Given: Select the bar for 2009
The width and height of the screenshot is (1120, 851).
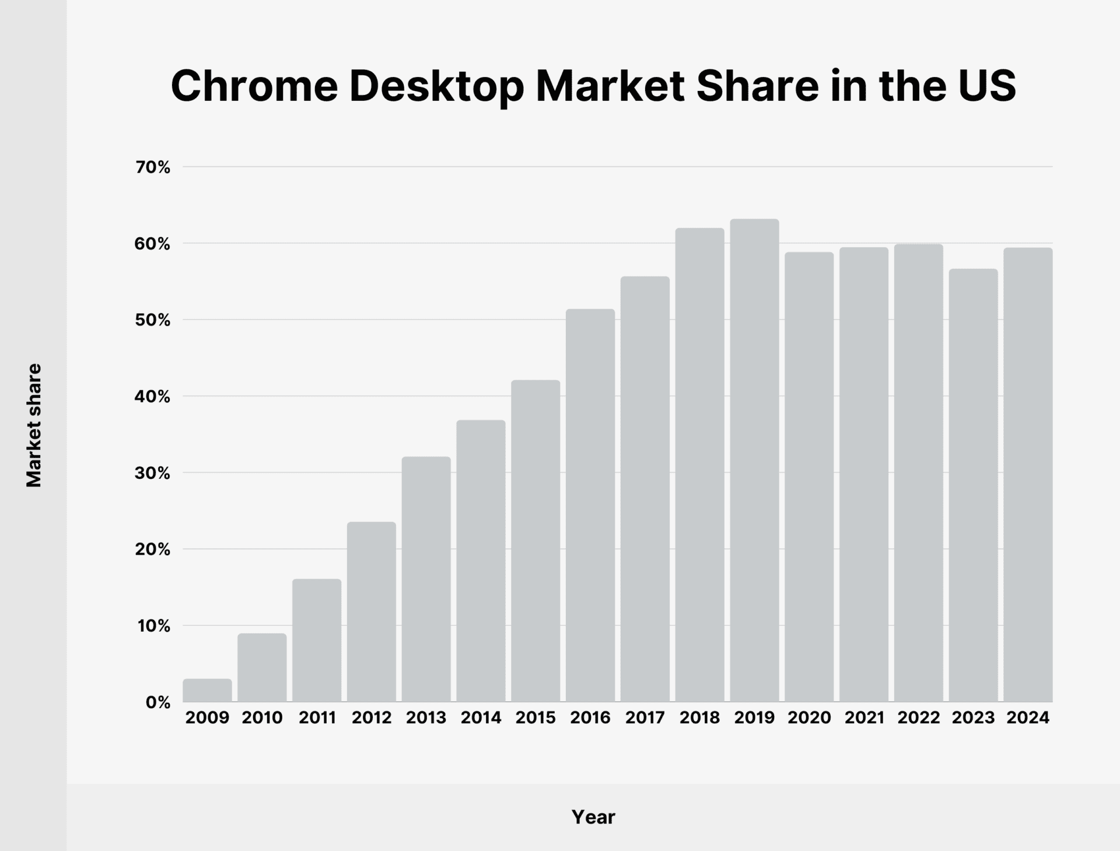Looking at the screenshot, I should pyautogui.click(x=207, y=691).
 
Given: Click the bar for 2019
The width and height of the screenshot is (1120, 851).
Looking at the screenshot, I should pyautogui.click(x=754, y=461).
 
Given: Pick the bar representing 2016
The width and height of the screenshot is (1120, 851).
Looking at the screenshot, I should pyautogui.click(x=590, y=505).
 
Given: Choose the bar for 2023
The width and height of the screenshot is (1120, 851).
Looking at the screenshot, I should pyautogui.click(x=973, y=485).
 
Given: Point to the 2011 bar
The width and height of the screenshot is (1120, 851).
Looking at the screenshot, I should pyautogui.click(x=317, y=640).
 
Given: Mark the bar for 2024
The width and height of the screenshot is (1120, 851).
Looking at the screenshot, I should pyautogui.click(x=1028, y=475).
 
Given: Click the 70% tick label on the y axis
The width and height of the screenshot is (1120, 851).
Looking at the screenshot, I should pyautogui.click(x=153, y=168).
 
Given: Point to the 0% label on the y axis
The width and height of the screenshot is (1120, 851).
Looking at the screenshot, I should pyautogui.click(x=158, y=703).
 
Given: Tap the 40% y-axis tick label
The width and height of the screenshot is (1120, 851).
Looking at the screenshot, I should pyautogui.click(x=152, y=397).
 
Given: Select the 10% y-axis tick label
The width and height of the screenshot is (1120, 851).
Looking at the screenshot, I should pyautogui.click(x=153, y=626).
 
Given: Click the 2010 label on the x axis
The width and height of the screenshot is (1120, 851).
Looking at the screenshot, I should pyautogui.click(x=262, y=718).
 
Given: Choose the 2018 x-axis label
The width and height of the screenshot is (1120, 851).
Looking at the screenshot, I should pyautogui.click(x=699, y=718).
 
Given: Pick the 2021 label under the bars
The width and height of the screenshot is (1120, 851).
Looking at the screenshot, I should pyautogui.click(x=864, y=718).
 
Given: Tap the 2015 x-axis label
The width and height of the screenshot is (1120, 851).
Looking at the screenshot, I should pyautogui.click(x=535, y=718).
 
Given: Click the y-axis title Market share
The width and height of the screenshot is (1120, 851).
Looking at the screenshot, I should pyautogui.click(x=34, y=425).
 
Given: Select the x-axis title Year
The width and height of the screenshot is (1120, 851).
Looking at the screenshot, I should pyautogui.click(x=593, y=817).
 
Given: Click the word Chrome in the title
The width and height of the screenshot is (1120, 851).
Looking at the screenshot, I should pyautogui.click(x=254, y=86).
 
